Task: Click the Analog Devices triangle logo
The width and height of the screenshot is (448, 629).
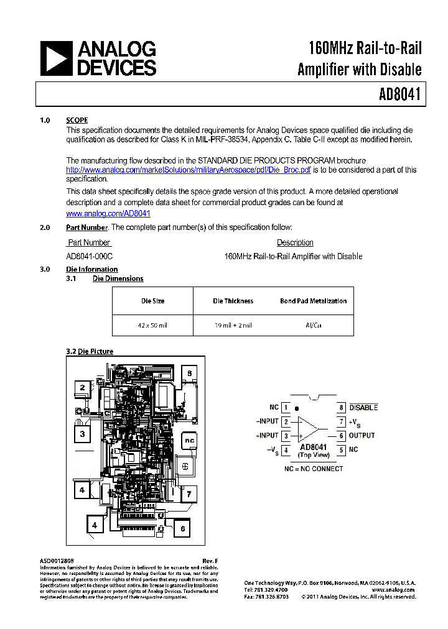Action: pyautogui.click(x=56, y=58)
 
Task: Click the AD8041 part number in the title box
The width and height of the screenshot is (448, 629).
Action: pyautogui.click(x=399, y=94)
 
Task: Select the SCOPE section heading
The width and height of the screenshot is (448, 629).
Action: pyautogui.click(x=77, y=121)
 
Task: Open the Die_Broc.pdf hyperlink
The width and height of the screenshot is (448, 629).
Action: pyautogui.click(x=189, y=170)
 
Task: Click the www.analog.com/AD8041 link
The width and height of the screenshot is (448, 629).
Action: pyautogui.click(x=108, y=213)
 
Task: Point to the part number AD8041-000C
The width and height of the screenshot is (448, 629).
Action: pyautogui.click(x=90, y=256)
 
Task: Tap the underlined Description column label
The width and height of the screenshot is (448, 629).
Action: pyautogui.click(x=295, y=242)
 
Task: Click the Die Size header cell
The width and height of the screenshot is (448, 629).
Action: pyautogui.click(x=153, y=301)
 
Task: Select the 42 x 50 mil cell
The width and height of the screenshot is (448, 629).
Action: pyautogui.click(x=153, y=325)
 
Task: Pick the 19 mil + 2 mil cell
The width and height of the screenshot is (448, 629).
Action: pyautogui.click(x=233, y=325)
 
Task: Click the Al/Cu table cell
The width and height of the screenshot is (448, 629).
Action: pyautogui.click(x=313, y=325)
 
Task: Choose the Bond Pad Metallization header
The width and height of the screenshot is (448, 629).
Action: pyautogui.click(x=313, y=301)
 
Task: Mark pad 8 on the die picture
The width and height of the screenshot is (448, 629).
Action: pyautogui.click(x=189, y=373)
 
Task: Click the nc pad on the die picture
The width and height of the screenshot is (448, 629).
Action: pyautogui.click(x=189, y=440)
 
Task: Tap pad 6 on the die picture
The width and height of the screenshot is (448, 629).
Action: pyautogui.click(x=182, y=529)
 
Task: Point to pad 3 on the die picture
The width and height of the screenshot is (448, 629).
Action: pyautogui.click(x=82, y=434)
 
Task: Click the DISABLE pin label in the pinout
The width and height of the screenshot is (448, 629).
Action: pyautogui.click(x=363, y=408)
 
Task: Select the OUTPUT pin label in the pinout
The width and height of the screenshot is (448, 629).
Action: pyautogui.click(x=362, y=436)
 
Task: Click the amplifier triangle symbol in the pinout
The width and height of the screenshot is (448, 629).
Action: pyautogui.click(x=309, y=429)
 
